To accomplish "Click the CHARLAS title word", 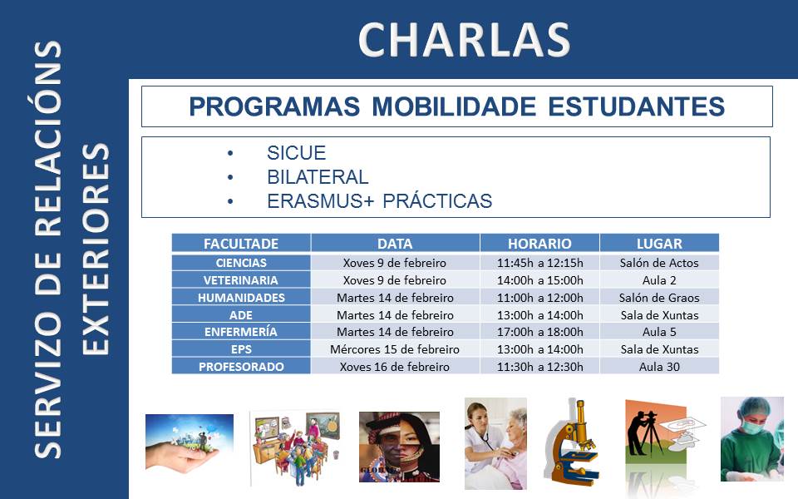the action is (x=464, y=40).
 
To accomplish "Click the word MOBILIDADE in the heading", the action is (x=454, y=106).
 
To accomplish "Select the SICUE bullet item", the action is (x=296, y=153).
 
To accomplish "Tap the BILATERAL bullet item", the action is (x=318, y=177).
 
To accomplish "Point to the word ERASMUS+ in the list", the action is (x=321, y=201).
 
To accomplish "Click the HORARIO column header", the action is (x=539, y=244).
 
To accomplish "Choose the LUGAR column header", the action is (x=659, y=244).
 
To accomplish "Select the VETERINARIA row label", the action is (x=241, y=280).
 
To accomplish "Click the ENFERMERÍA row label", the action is (x=241, y=332).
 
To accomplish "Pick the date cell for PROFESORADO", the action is (x=394, y=367).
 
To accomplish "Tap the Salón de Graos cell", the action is (x=659, y=298).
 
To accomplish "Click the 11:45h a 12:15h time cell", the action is (x=540, y=264).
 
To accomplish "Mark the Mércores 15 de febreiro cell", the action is (x=394, y=349).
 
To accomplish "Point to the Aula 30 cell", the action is (x=659, y=367).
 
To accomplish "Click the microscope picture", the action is (x=572, y=442).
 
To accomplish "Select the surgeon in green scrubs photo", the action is (x=752, y=439).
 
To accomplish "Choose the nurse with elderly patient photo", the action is (x=495, y=443).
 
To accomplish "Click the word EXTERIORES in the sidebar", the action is (x=96, y=249).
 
